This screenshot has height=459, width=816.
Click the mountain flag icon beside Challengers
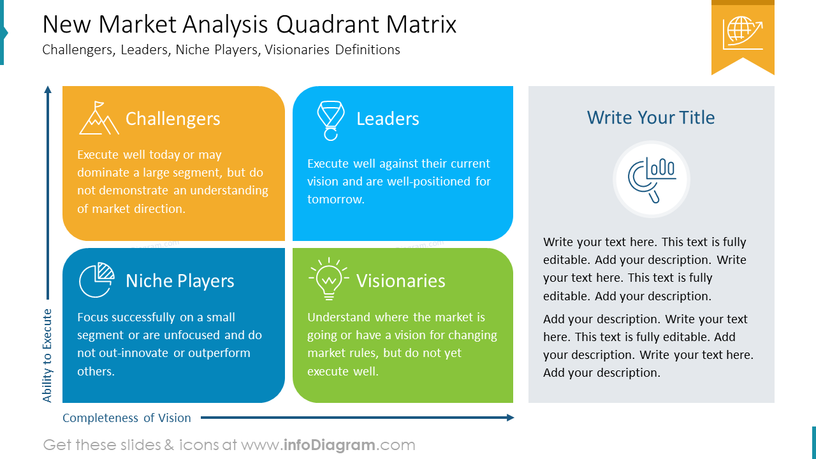99,119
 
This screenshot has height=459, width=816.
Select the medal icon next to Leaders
330,120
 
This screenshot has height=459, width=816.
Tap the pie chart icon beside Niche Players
96,280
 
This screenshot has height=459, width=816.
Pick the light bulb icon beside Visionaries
328,279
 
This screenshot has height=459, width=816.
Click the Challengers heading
173,119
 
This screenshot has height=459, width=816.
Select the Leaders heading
388,119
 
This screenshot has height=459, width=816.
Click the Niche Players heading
180,281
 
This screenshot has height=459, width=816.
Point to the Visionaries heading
400,281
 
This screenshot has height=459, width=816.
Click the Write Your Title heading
651,117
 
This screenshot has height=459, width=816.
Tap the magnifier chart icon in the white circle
651,179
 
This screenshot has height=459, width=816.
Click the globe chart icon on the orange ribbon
743,33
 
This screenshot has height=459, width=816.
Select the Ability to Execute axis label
47,356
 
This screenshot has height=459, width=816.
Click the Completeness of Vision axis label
127,418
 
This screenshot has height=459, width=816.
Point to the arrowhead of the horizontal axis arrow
510,418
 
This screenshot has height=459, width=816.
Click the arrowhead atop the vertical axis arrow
47,90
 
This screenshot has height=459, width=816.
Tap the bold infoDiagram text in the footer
328,445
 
